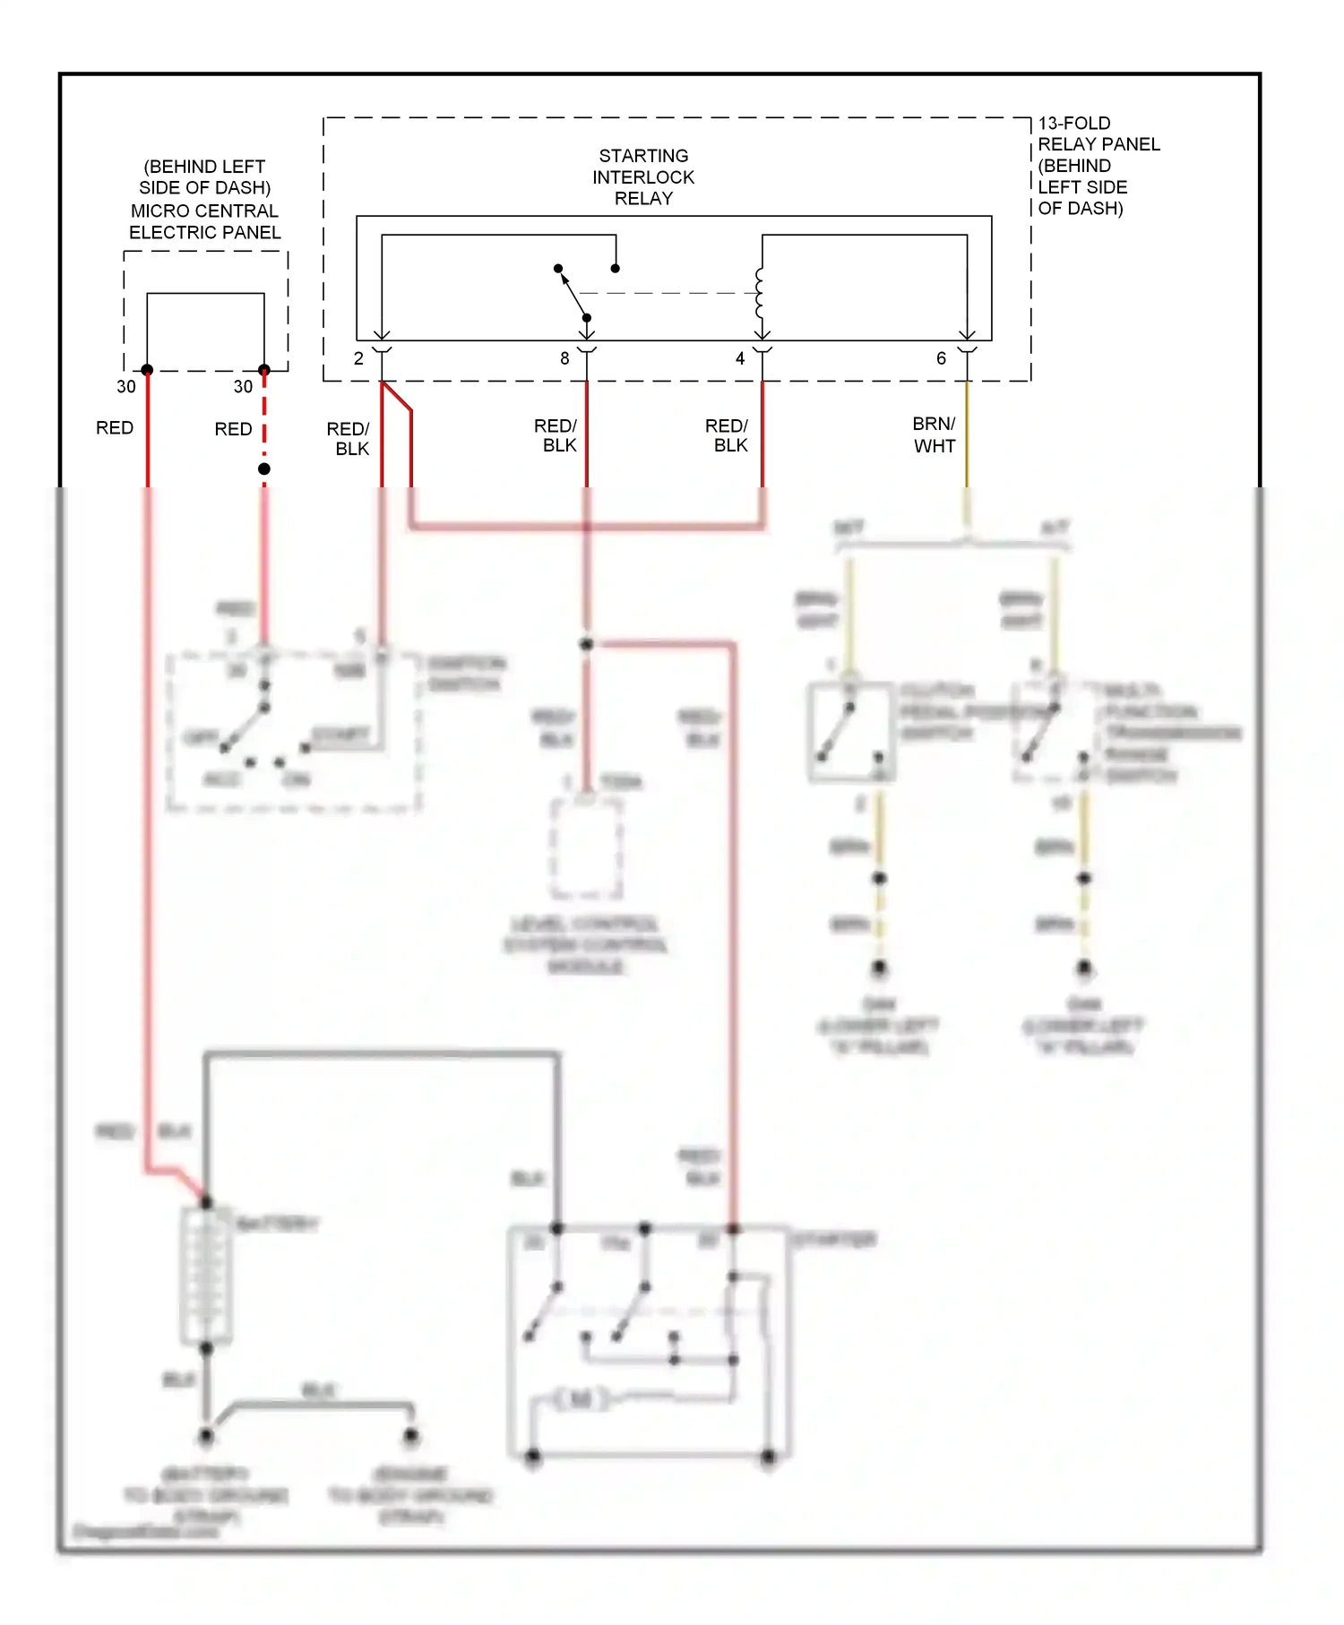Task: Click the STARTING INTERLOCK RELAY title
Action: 643,176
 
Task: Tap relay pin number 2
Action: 358,358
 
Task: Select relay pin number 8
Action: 564,358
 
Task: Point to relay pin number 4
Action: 740,358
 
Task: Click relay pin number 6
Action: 941,358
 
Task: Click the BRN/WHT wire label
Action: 934,434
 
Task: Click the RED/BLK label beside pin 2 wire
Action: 349,439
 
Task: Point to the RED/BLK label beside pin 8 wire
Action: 556,435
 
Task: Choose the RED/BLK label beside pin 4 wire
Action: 727,435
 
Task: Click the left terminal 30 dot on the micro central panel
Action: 147,370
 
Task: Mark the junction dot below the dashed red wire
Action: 264,469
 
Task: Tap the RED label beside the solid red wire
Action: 115,428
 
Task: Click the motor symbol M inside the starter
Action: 581,1398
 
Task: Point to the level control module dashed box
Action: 586,847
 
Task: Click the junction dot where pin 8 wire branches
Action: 587,644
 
